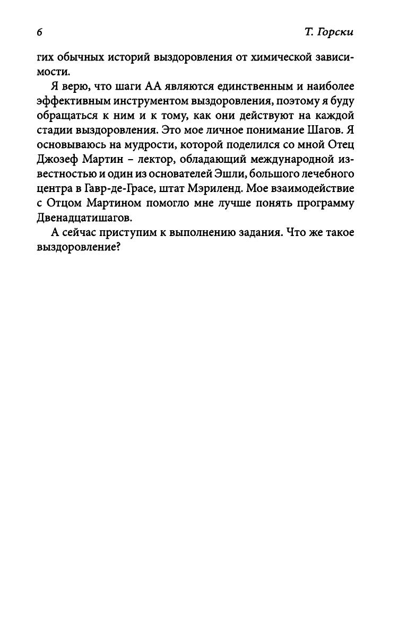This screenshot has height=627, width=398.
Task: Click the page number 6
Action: pyautogui.click(x=39, y=32)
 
